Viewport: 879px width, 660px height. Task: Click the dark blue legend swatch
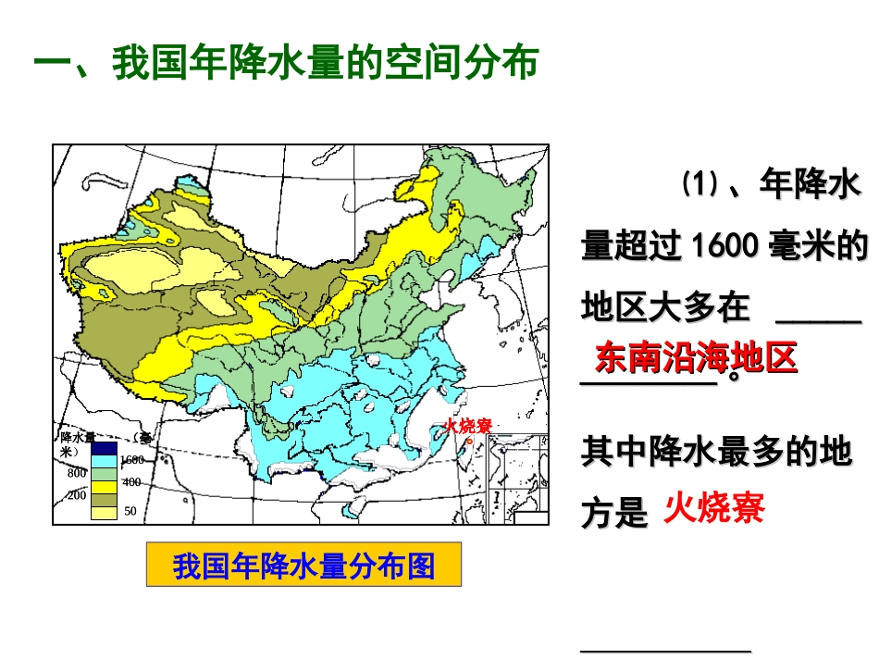coord(104,447)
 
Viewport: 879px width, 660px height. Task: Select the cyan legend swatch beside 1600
coord(104,459)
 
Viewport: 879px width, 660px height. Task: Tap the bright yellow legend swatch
coord(104,484)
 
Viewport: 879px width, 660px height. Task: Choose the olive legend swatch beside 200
coord(104,497)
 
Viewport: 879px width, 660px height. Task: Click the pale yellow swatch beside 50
coord(104,511)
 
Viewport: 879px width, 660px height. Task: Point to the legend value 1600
coord(131,460)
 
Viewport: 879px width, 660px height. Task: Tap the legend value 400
coord(130,482)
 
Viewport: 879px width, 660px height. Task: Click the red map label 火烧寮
coord(467,426)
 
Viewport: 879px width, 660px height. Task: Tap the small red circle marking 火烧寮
coord(468,440)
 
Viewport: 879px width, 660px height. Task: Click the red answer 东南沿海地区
coord(696,358)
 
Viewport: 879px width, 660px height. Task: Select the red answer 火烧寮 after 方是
coord(714,508)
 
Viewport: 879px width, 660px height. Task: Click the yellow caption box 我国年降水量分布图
coord(303,566)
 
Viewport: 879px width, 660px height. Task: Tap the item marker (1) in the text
coord(700,184)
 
